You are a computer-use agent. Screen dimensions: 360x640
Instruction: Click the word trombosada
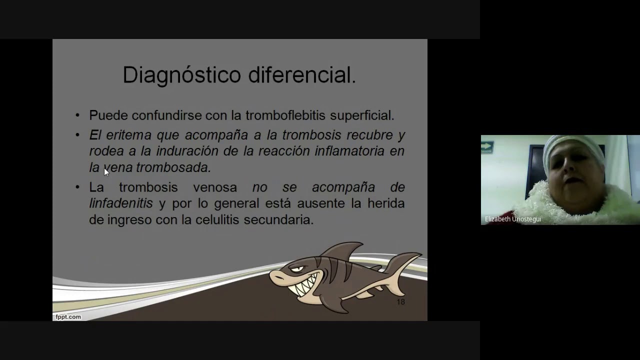tap(173, 167)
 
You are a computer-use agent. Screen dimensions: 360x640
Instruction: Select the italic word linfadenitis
tap(121, 203)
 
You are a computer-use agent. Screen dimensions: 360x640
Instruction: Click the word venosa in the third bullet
tap(215, 187)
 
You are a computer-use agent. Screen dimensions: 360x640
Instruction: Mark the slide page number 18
tap(400, 302)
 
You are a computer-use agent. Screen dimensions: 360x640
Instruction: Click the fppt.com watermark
tap(68, 316)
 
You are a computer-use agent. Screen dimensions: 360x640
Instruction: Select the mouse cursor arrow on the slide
tap(106, 172)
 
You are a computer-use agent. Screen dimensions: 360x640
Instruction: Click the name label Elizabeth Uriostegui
tap(513, 219)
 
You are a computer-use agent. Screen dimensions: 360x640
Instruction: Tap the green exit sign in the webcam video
tap(487, 147)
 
